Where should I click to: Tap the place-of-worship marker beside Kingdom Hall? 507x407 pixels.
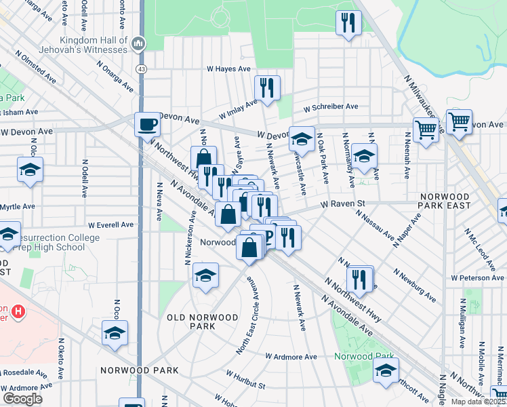139,44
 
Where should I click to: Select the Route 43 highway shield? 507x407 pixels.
141,69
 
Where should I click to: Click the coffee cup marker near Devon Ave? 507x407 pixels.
146,124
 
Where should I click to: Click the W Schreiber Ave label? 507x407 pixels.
331,107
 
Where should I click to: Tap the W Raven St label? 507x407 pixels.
343,203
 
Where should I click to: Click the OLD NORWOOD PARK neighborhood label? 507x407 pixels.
203,322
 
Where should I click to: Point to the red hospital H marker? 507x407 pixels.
19,312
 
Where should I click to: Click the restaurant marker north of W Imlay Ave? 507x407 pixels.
267,88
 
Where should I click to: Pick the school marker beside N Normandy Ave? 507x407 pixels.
364,157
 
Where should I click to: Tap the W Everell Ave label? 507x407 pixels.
110,225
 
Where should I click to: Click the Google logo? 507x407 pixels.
22,399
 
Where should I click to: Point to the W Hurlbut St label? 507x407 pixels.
246,380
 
